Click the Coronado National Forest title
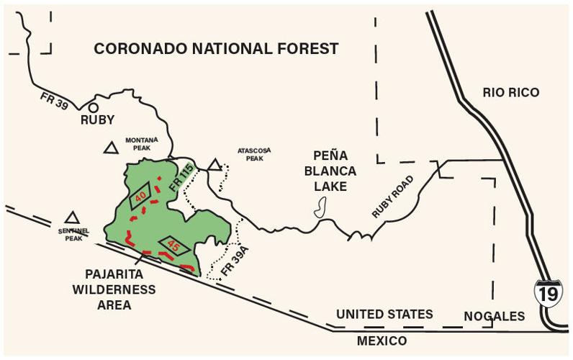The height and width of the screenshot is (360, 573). pos(216,49)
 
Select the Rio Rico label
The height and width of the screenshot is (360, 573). pos(510,92)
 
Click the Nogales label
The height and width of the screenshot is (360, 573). pos(494,316)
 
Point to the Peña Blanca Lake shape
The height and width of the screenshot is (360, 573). pos(320,209)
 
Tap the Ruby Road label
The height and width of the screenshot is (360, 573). pos(393,197)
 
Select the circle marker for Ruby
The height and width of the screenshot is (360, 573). pos(94,107)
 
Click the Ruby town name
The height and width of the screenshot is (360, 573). pos(98,121)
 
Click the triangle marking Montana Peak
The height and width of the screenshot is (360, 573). pos(110,148)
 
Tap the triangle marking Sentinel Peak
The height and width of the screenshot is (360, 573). pos(71,217)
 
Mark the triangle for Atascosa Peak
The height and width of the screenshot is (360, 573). pos(214,165)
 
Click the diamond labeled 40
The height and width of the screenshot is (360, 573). pos(140,196)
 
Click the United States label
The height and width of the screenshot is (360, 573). pos(384,315)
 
